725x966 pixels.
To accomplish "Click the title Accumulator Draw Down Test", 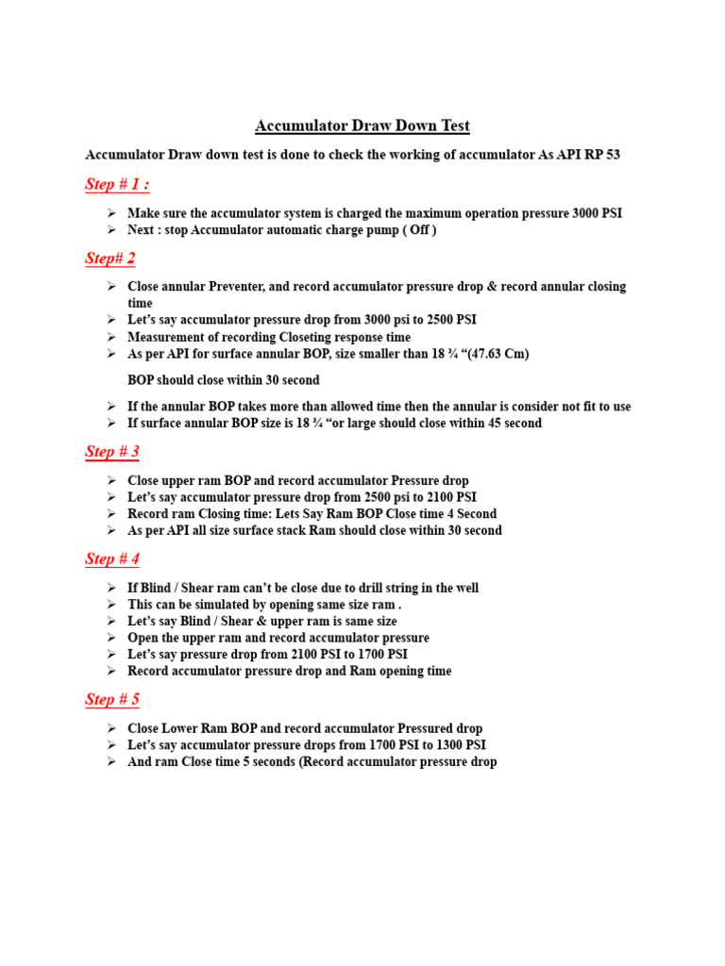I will click(362, 125).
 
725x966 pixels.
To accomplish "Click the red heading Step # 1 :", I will click(117, 184).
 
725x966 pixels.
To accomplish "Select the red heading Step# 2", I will click(110, 258).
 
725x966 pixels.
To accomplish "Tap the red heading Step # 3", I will click(112, 452).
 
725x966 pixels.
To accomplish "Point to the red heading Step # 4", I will click(112, 559).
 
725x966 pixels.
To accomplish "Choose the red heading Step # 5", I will click(112, 700).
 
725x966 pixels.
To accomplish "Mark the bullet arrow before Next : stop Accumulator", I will click(111, 231).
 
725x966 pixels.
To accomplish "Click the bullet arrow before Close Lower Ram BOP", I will click(111, 728).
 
